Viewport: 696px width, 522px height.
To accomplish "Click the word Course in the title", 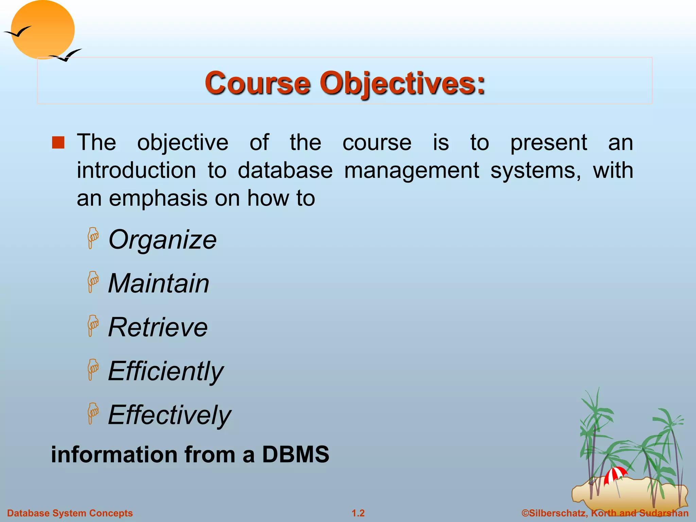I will (257, 83).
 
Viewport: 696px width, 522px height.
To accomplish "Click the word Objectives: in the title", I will (402, 83).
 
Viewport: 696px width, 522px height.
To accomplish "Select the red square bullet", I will (58, 143).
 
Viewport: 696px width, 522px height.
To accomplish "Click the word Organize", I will (162, 240).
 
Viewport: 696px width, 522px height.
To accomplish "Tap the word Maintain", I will (158, 283).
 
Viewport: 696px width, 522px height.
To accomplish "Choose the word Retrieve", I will (158, 327).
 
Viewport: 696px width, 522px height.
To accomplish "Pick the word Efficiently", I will (166, 371).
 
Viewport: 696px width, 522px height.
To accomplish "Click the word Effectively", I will (169, 415).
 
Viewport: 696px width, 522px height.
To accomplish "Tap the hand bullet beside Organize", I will (92, 238).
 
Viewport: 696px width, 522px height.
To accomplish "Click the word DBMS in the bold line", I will (295, 454).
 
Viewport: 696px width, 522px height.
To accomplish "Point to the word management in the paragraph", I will (412, 170).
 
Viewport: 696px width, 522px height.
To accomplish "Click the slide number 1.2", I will (358, 513).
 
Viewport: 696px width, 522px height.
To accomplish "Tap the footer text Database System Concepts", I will (70, 513).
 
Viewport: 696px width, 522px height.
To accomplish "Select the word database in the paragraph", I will (285, 170).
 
